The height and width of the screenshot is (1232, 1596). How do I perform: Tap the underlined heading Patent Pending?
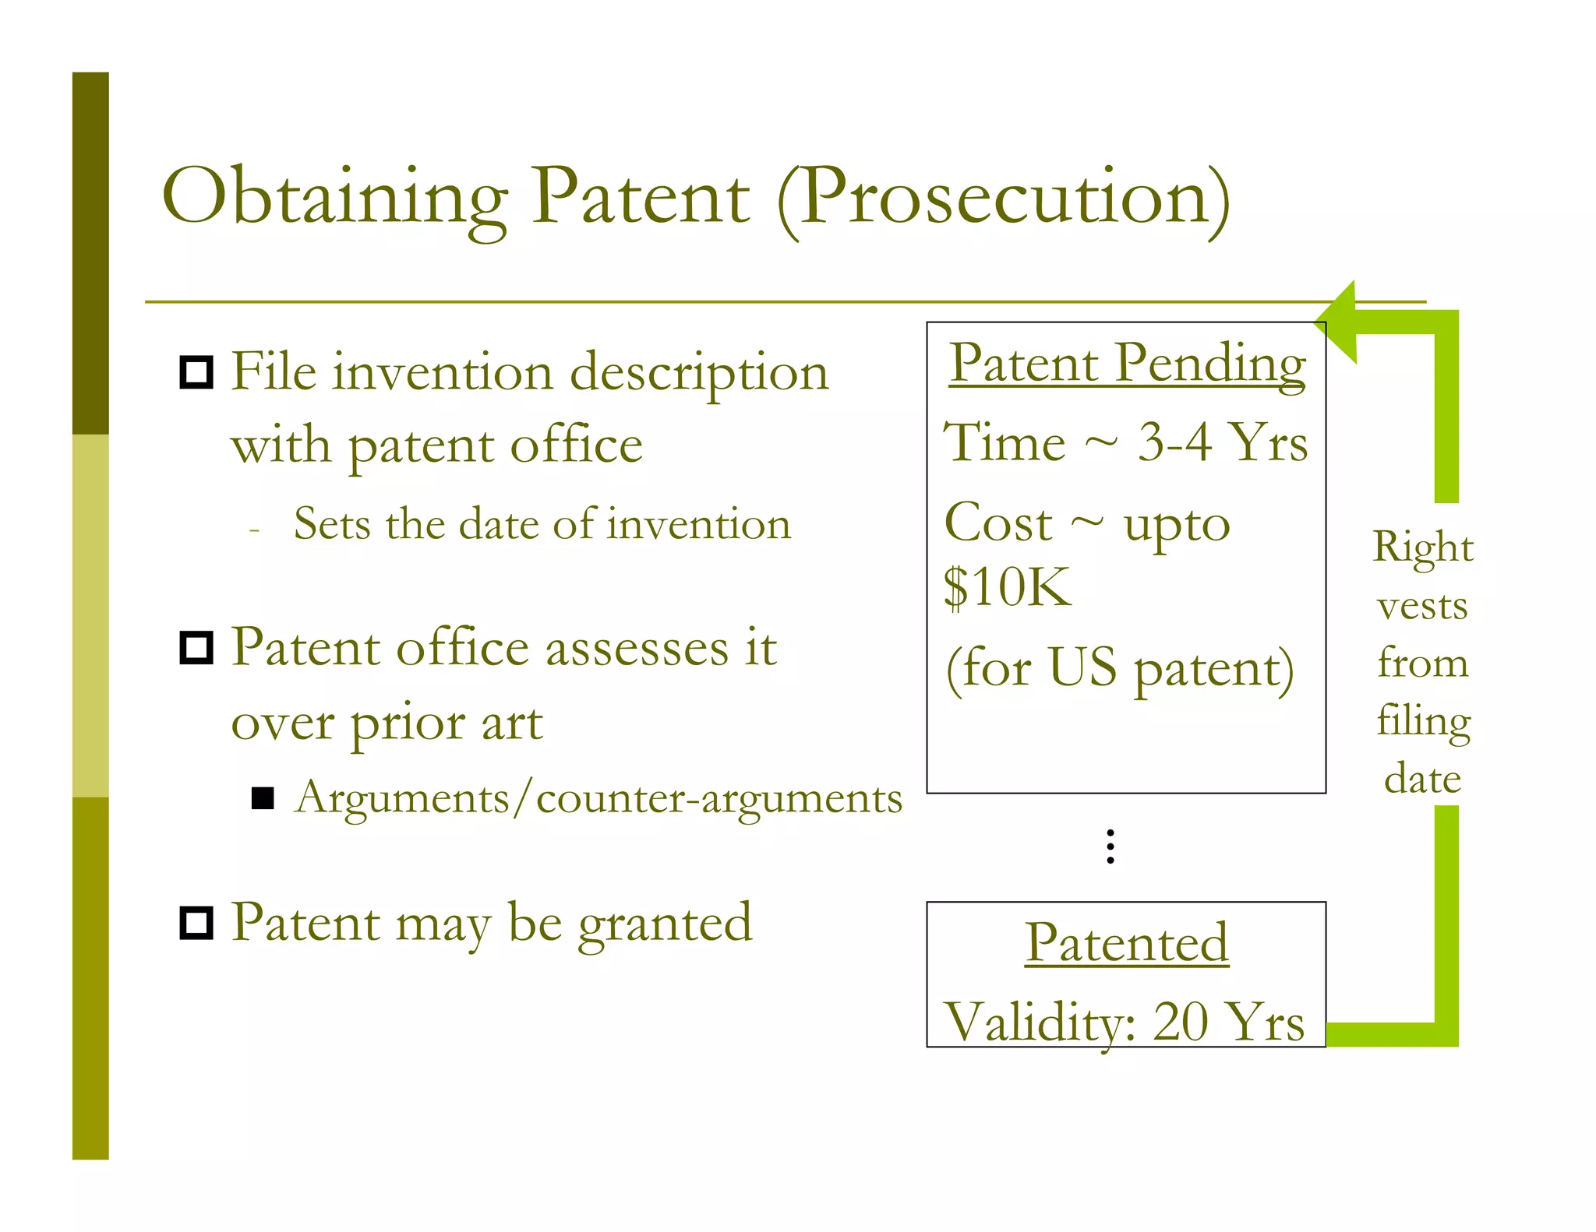[x=1127, y=364]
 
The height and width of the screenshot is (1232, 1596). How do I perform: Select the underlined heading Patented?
[x=1127, y=943]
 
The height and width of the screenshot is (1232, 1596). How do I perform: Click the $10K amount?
[x=1007, y=587]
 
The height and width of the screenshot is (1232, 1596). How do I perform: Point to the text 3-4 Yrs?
[x=1222, y=443]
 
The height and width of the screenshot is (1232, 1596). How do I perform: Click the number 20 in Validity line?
[x=1180, y=1022]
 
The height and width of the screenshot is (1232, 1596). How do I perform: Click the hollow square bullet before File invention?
[x=196, y=372]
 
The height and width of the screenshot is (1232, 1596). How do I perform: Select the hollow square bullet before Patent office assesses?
[x=196, y=648]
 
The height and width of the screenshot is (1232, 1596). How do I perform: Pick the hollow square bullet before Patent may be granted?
[x=196, y=924]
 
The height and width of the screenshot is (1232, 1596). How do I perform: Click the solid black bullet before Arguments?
[x=263, y=798]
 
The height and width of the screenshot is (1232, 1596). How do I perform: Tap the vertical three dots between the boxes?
[x=1110, y=847]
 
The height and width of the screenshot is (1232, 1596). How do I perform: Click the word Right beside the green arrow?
[x=1423, y=547]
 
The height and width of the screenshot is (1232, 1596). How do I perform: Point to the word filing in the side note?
[x=1423, y=721]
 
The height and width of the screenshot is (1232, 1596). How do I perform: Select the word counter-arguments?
[x=719, y=799]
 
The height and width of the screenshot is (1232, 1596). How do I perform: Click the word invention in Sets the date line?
[x=699, y=524]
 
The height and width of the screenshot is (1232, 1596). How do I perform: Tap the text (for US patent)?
[x=1120, y=669]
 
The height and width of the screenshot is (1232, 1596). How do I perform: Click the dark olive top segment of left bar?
[x=90, y=253]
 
